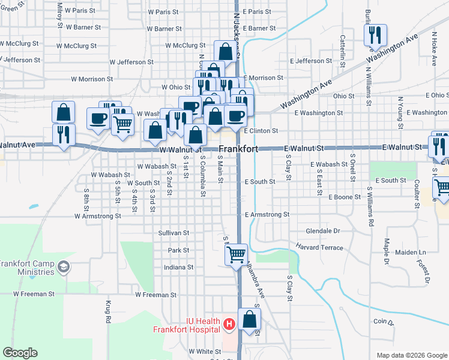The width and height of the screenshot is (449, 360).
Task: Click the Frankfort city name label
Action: pyautogui.click(x=238, y=149)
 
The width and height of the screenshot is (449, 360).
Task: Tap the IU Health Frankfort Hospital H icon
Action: pyautogui.click(x=228, y=325)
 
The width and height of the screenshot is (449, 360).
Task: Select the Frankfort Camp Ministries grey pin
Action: pyautogui.click(x=62, y=267)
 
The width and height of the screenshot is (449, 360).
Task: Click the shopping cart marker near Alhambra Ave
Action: pyautogui.click(x=236, y=254)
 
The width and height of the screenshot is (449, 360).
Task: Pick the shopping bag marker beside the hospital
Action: pyautogui.click(x=250, y=320)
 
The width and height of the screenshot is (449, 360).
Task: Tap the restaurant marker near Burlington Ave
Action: pyautogui.click(x=375, y=35)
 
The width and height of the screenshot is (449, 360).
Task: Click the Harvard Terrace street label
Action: pyautogui.click(x=319, y=247)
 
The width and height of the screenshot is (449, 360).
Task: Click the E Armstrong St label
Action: pyautogui.click(x=267, y=214)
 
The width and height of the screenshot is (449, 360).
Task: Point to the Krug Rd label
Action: pyautogui.click(x=109, y=312)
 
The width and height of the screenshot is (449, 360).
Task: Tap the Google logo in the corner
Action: pyautogui.click(x=20, y=353)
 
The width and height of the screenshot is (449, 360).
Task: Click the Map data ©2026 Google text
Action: pyautogui.click(x=411, y=355)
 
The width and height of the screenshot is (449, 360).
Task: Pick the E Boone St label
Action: pyautogui.click(x=345, y=196)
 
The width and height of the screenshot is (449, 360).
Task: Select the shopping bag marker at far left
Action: pyautogui.click(x=63, y=113)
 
